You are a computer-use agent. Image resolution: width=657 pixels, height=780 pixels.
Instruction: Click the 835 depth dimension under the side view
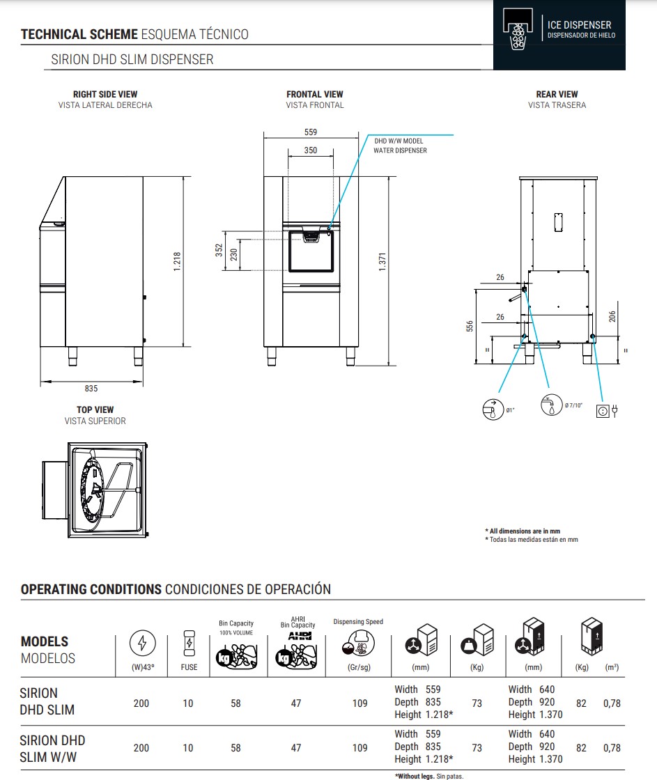pos(91,389)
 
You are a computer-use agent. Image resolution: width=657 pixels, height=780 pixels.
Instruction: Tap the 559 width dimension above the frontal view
pos(311,132)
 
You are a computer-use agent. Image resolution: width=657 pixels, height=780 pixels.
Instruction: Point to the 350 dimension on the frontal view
pos(310,150)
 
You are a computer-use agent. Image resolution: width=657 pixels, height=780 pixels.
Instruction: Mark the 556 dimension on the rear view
pos(470,326)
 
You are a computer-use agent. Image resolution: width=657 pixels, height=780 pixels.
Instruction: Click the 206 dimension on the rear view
pos(612,315)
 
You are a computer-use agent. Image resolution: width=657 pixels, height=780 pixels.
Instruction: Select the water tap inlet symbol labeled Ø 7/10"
pos(551,405)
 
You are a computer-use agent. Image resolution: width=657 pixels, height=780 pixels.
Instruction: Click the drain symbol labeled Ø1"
pos(493,409)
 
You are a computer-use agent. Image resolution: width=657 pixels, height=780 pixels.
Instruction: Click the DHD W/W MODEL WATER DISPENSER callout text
pos(400,146)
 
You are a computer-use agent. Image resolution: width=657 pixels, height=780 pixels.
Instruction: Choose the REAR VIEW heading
pos(557,94)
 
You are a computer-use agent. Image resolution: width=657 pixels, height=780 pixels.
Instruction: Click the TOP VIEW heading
pos(95,409)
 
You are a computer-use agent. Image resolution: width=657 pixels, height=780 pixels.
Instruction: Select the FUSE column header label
pos(188,666)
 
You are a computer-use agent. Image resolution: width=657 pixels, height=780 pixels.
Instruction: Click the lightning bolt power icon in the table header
pos(142,644)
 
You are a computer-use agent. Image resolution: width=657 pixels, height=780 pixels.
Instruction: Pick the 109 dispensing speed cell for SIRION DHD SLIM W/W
pos(360,747)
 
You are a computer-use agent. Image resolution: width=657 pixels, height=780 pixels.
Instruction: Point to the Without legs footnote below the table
pos(428,776)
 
